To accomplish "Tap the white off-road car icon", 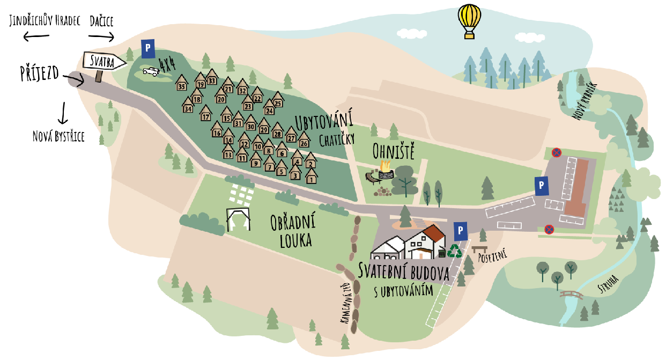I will [x=151, y=71].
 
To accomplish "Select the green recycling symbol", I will [x=455, y=250].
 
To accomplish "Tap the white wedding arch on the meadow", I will [x=239, y=219].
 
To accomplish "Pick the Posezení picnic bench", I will [x=479, y=249].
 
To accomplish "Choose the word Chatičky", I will [x=337, y=140].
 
